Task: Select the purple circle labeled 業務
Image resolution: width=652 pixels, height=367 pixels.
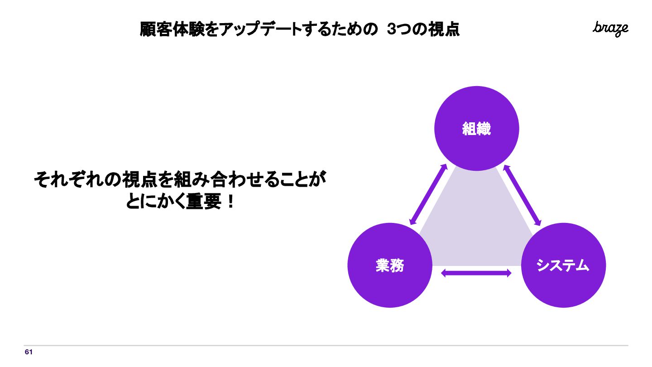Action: pos(389,285)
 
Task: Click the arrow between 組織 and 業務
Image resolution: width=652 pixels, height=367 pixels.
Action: pos(428,194)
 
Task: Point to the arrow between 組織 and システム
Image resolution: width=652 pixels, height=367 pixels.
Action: pos(523,195)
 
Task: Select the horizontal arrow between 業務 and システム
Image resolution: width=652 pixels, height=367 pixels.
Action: pos(476,273)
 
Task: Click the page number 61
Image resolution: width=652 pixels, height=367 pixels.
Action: pos(29,352)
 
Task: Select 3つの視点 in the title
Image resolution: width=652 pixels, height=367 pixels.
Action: pos(423,30)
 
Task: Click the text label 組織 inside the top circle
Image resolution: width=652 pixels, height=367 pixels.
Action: pos(476,129)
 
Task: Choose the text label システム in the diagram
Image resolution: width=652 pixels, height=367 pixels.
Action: pos(563,266)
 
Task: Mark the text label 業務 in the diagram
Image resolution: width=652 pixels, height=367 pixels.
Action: pos(389,266)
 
